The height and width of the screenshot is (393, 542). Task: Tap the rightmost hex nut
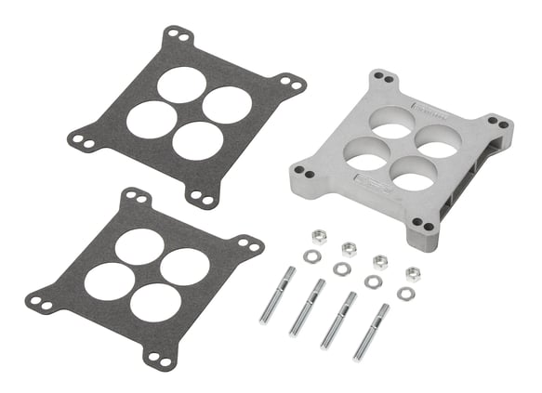click(x=414, y=273)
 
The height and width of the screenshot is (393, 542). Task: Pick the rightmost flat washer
click(x=404, y=294)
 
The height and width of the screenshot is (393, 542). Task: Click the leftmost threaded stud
click(x=277, y=294)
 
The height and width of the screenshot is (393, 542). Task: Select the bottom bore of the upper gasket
click(x=198, y=139)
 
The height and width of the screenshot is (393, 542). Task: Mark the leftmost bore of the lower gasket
click(x=110, y=280)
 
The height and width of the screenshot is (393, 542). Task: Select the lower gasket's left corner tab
click(x=39, y=301)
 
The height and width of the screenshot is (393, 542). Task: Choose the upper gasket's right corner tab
click(x=295, y=85)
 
